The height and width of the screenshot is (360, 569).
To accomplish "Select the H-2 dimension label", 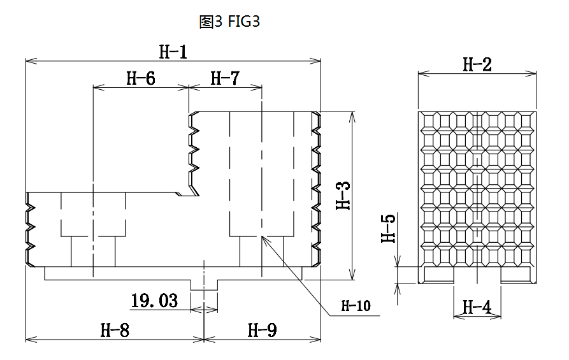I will pyautogui.click(x=477, y=64).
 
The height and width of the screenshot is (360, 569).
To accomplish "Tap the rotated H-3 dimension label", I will pyautogui.click(x=342, y=196).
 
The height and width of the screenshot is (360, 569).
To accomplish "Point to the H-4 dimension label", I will pyautogui.click(x=477, y=308).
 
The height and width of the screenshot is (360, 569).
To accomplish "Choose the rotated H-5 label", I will pyautogui.click(x=388, y=228).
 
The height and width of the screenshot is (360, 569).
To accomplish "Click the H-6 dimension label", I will pyautogui.click(x=141, y=78).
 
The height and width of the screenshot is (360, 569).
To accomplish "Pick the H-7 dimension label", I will pyautogui.click(x=225, y=78).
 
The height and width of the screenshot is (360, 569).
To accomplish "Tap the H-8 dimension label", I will pyautogui.click(x=115, y=331).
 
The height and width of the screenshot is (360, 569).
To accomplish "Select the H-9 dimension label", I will pyautogui.click(x=262, y=331).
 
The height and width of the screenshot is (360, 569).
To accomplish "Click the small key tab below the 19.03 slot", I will pyautogui.click(x=204, y=285).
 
